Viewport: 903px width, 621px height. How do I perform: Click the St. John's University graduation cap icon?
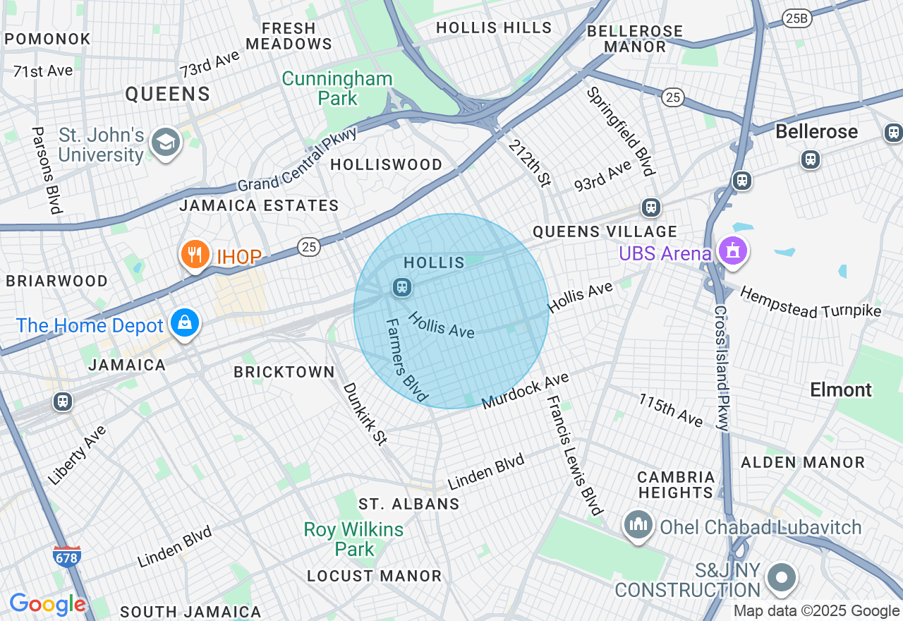(x=166, y=143)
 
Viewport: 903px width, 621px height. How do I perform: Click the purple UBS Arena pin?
(x=732, y=251)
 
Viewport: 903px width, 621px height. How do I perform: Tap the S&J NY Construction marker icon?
(x=781, y=578)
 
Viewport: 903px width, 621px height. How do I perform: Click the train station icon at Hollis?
(x=402, y=287)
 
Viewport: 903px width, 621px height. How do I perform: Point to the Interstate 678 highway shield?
(x=67, y=555)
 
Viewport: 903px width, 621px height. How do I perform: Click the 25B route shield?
(x=796, y=19)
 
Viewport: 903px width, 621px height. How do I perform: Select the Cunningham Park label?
(x=337, y=88)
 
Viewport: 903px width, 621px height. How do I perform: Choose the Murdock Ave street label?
(x=526, y=391)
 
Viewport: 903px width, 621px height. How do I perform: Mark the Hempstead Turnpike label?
(x=811, y=303)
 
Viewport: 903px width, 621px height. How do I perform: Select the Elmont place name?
(x=841, y=390)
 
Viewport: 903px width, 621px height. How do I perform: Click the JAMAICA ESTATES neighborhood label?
(x=259, y=205)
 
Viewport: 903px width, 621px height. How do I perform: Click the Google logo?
(x=47, y=604)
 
